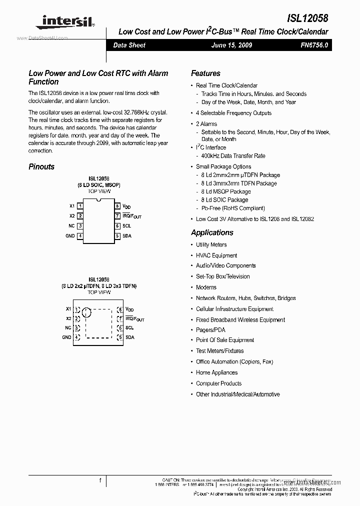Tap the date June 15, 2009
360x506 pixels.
point(231,45)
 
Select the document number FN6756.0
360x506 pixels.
point(314,45)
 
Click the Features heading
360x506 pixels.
point(205,73)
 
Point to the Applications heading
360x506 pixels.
point(212,232)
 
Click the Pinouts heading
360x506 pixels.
point(41,166)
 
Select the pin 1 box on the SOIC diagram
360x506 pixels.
point(80,206)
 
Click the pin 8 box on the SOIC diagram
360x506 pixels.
point(117,206)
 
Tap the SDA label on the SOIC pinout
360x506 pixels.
point(127,236)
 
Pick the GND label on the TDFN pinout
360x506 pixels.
point(66,337)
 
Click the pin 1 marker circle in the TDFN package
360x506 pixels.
point(86,313)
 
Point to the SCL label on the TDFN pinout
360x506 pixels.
point(129,328)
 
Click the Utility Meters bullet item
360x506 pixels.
point(211,244)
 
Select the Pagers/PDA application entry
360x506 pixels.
point(210,330)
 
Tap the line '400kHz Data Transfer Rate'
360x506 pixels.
point(233,156)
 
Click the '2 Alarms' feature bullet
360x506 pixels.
point(206,123)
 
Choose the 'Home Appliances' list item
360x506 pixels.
point(216,372)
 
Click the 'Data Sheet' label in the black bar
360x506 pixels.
point(129,45)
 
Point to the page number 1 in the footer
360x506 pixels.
point(100,480)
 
